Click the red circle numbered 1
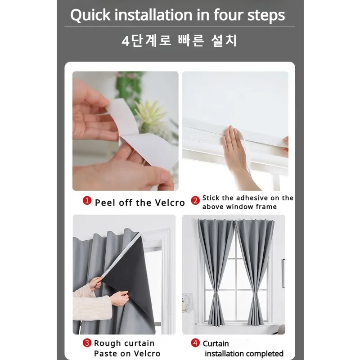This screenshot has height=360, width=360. (x=87, y=201)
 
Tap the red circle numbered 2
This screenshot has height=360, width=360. (x=195, y=201)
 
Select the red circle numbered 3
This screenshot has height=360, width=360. (x=87, y=343)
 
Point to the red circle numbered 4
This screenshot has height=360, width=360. (x=195, y=343)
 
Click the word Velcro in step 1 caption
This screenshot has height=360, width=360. (x=170, y=202)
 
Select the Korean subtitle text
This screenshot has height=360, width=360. (x=180, y=41)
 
